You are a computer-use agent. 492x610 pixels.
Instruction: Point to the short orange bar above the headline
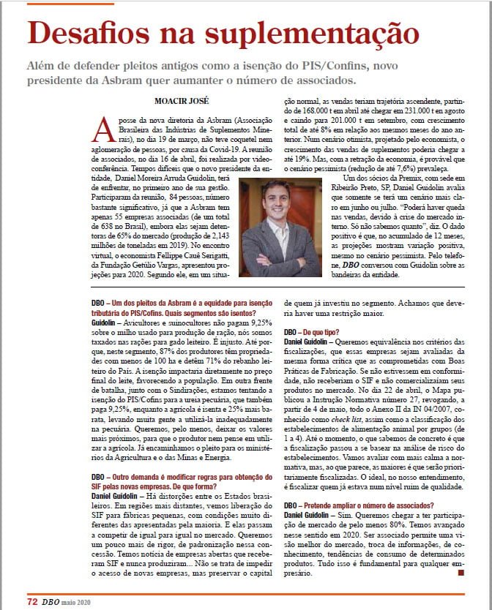(x=59, y=4)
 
